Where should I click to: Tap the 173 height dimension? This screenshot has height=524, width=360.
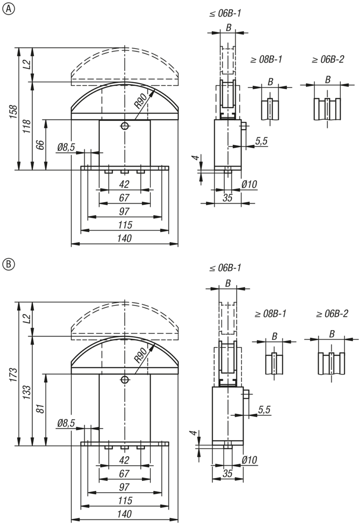14,373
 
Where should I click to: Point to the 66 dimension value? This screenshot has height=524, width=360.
40,145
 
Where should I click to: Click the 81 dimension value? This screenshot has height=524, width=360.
40,410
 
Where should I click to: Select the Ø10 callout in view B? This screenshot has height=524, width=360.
249,460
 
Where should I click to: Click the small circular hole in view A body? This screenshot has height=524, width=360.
125,126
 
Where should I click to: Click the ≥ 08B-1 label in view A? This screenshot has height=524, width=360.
265,59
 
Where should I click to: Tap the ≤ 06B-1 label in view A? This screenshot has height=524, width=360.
225,14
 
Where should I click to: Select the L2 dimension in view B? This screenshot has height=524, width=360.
27,318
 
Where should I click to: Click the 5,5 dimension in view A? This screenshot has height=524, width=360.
261,141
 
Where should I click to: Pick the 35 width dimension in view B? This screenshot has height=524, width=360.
227,473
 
